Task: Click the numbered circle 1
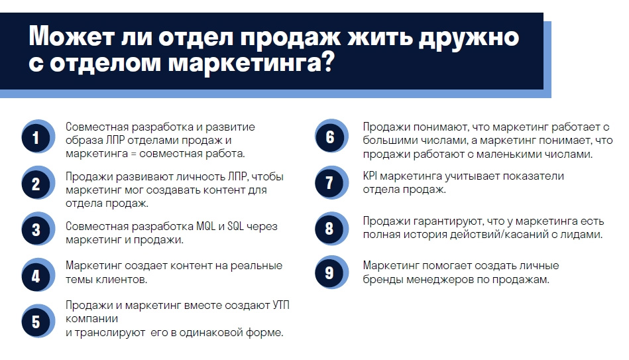click(x=37, y=137)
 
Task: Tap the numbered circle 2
click(x=37, y=183)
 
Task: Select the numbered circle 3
click(x=37, y=229)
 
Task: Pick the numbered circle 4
click(x=37, y=275)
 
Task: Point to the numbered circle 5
click(x=37, y=321)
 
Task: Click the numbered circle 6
click(x=331, y=137)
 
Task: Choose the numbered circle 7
click(x=331, y=182)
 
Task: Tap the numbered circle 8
click(x=331, y=228)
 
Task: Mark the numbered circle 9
click(x=331, y=272)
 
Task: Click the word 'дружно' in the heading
click(x=469, y=38)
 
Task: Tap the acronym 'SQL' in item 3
click(x=235, y=226)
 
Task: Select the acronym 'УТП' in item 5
click(x=281, y=306)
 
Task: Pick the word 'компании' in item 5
click(x=92, y=319)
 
